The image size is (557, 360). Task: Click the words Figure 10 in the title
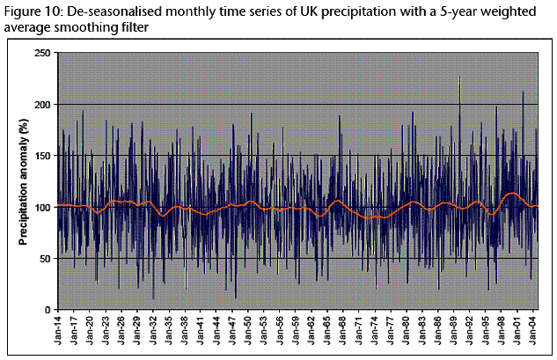click(x=30, y=10)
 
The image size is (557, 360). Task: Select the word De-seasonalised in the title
click(x=111, y=10)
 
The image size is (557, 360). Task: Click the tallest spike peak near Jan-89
click(x=459, y=77)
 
